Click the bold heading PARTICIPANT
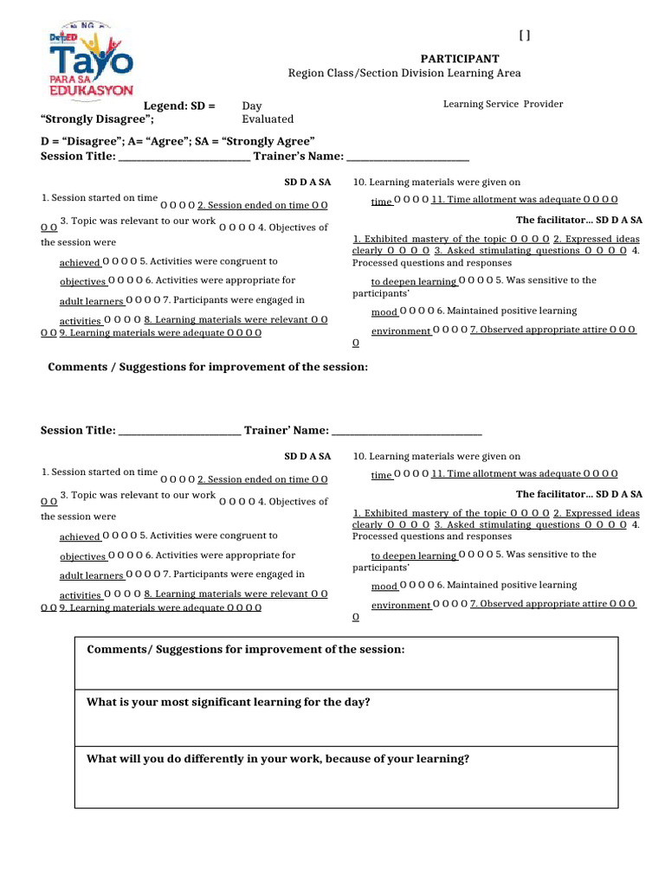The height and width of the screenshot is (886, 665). (460, 58)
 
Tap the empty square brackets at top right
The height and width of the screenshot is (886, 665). (525, 35)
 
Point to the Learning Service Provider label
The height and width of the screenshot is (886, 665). (503, 104)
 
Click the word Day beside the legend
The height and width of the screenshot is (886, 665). (252, 106)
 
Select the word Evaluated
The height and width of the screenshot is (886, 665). (268, 119)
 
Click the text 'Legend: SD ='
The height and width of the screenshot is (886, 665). (178, 106)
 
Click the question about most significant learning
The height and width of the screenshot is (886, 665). (229, 702)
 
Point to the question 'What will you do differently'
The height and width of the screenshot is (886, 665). (278, 759)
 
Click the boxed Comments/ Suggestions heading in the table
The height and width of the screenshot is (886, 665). (246, 649)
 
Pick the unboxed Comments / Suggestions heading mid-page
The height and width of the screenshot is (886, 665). (208, 367)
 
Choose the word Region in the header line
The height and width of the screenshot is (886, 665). (305, 74)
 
